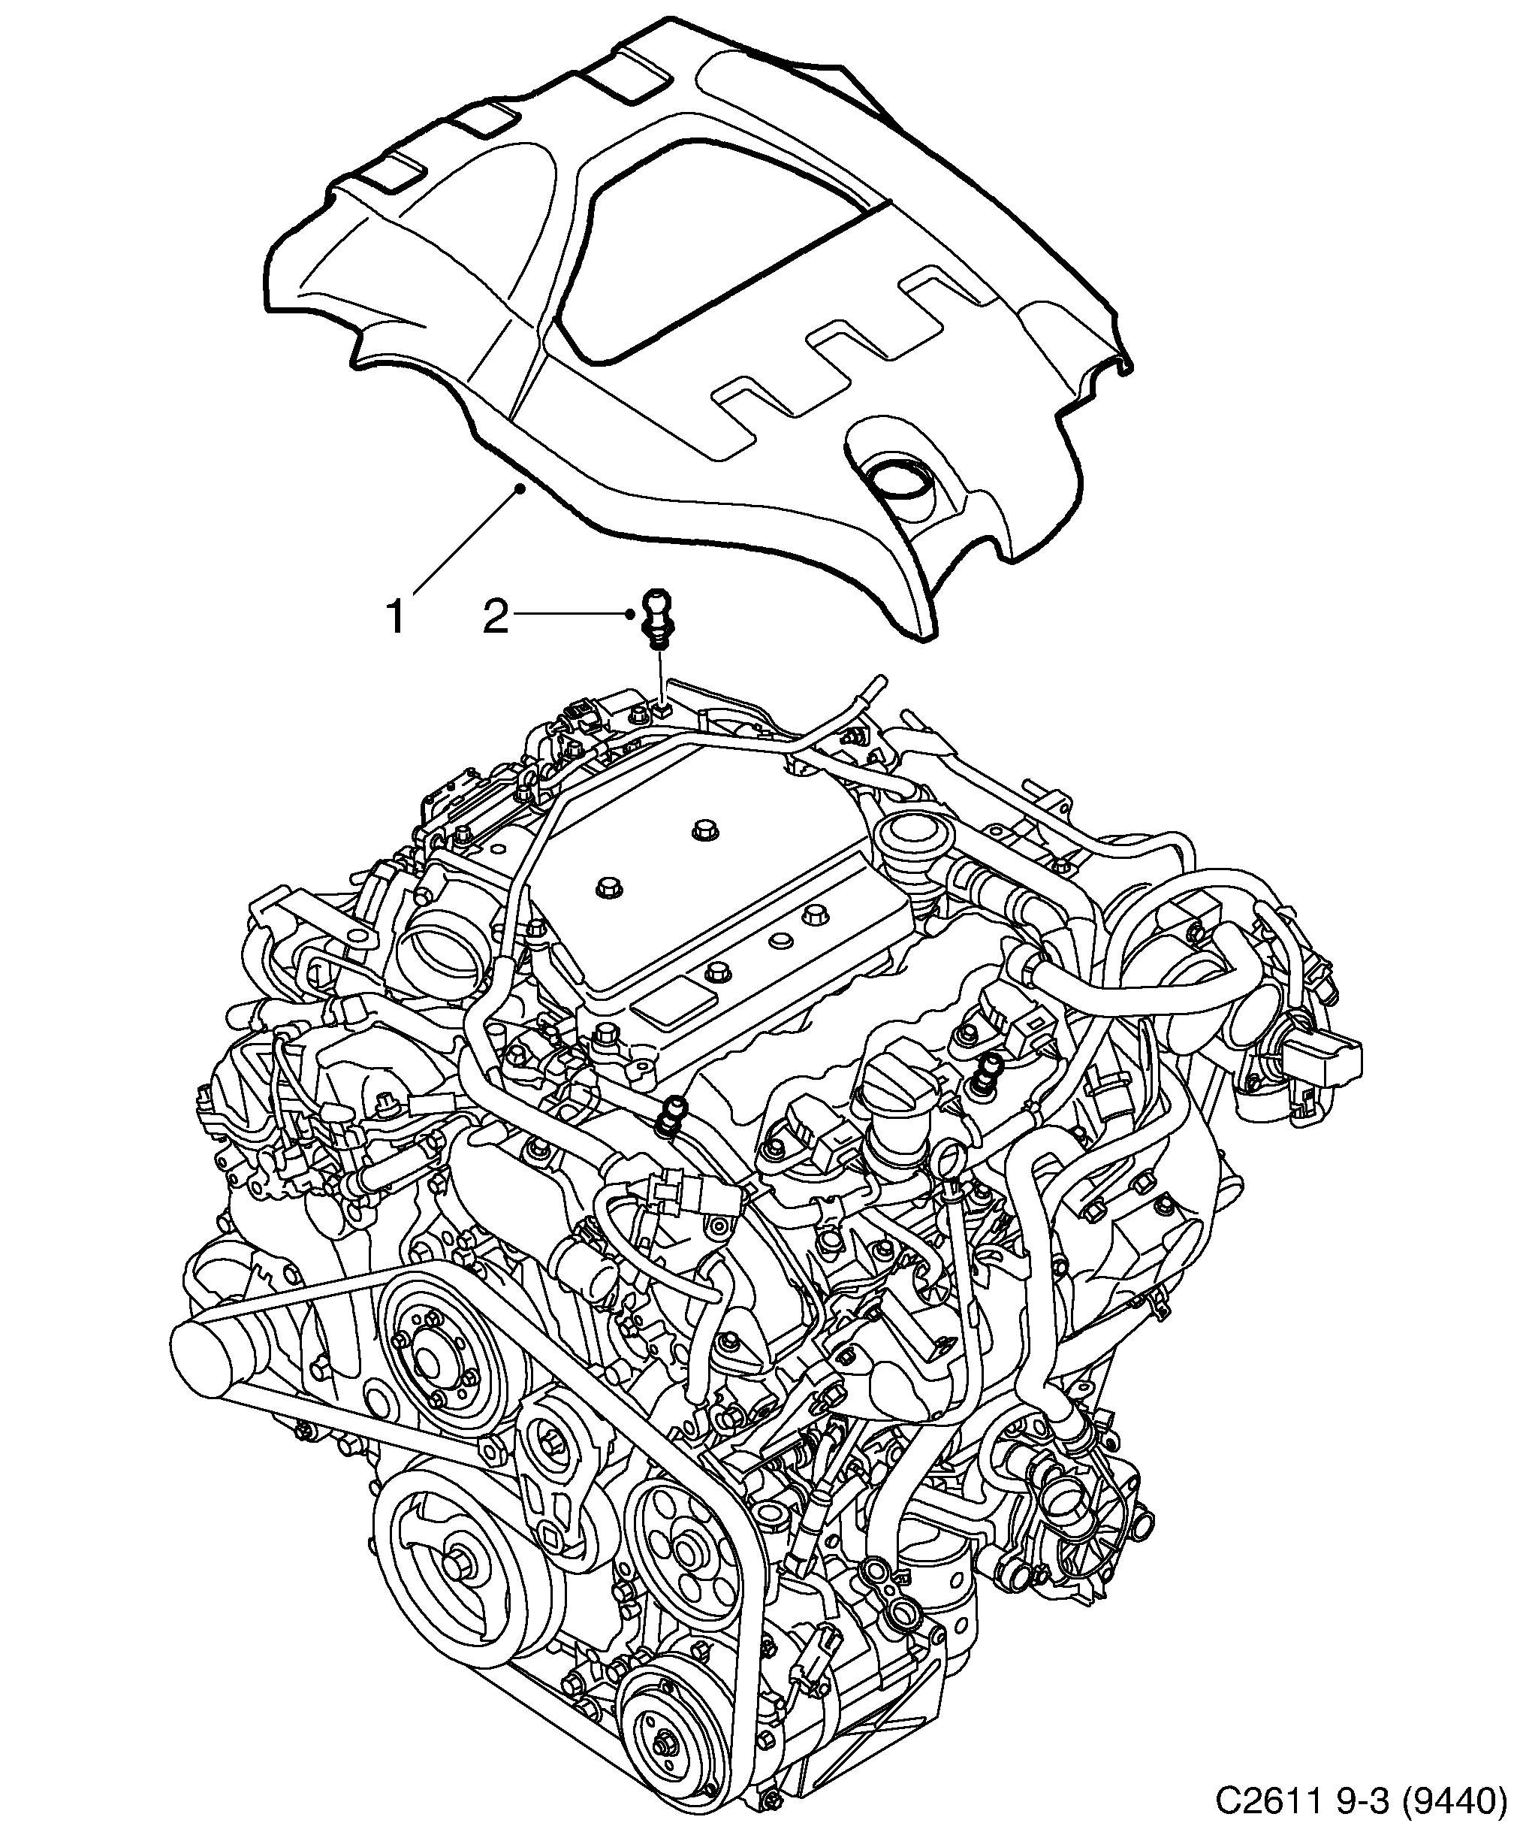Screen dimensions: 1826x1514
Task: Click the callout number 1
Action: coord(396,618)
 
